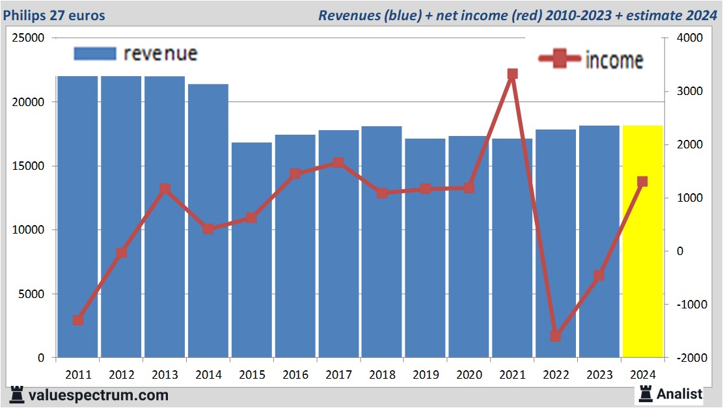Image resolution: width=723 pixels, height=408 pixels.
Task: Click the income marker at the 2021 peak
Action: pyautogui.click(x=512, y=74)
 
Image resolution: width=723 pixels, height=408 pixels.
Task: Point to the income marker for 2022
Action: pyautogui.click(x=555, y=336)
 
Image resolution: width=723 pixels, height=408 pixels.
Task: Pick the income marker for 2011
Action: pyautogui.click(x=77, y=320)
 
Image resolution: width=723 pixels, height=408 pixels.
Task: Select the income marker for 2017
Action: pyautogui.click(x=338, y=163)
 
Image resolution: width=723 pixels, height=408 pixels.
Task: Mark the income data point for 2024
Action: pyautogui.click(x=642, y=182)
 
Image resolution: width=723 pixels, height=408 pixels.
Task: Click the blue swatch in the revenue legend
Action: pyautogui.click(x=95, y=53)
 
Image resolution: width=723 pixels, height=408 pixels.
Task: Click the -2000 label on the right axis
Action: pyautogui.click(x=689, y=358)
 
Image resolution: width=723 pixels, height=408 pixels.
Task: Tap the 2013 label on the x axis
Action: pyautogui.click(x=165, y=375)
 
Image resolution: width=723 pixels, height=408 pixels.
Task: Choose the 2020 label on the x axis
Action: pyautogui.click(x=469, y=375)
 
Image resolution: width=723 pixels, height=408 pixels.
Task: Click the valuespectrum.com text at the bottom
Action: pyautogui.click(x=98, y=395)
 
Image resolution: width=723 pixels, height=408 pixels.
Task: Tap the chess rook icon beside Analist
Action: pyautogui.click(x=646, y=393)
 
